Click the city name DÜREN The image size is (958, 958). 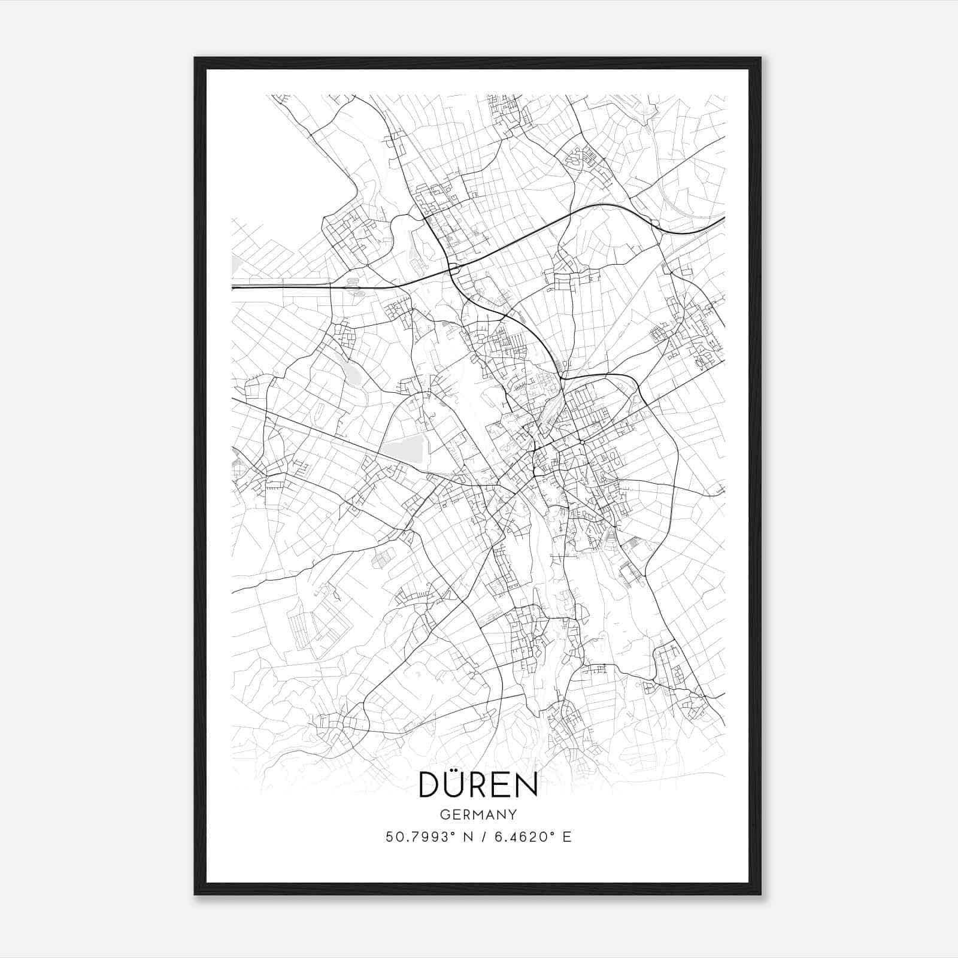[478, 784]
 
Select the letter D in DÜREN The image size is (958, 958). [431, 784]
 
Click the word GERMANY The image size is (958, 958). [478, 814]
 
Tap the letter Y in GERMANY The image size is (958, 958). [513, 814]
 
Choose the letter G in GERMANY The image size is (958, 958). [444, 814]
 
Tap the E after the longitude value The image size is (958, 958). [566, 836]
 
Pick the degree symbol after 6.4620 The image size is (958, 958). [553, 832]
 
